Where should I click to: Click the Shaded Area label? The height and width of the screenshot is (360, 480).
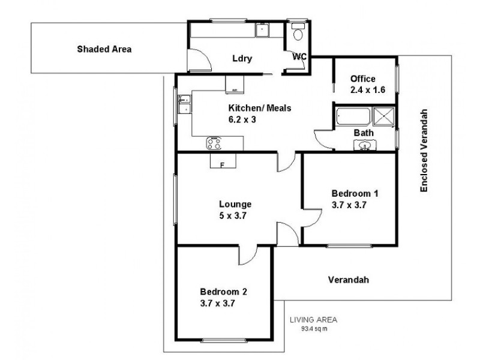[104, 49]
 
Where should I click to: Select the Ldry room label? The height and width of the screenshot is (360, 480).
[242, 59]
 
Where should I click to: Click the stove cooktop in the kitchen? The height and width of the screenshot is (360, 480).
[215, 143]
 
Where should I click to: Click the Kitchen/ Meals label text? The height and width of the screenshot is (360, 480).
[259, 114]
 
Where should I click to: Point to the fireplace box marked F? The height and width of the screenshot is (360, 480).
[223, 161]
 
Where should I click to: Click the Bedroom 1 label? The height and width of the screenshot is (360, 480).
[355, 199]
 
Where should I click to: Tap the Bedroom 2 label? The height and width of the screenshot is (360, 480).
[224, 298]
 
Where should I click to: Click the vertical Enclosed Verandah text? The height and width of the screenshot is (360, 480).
[424, 151]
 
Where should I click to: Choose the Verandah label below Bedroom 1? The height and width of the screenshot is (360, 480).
[349, 280]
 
